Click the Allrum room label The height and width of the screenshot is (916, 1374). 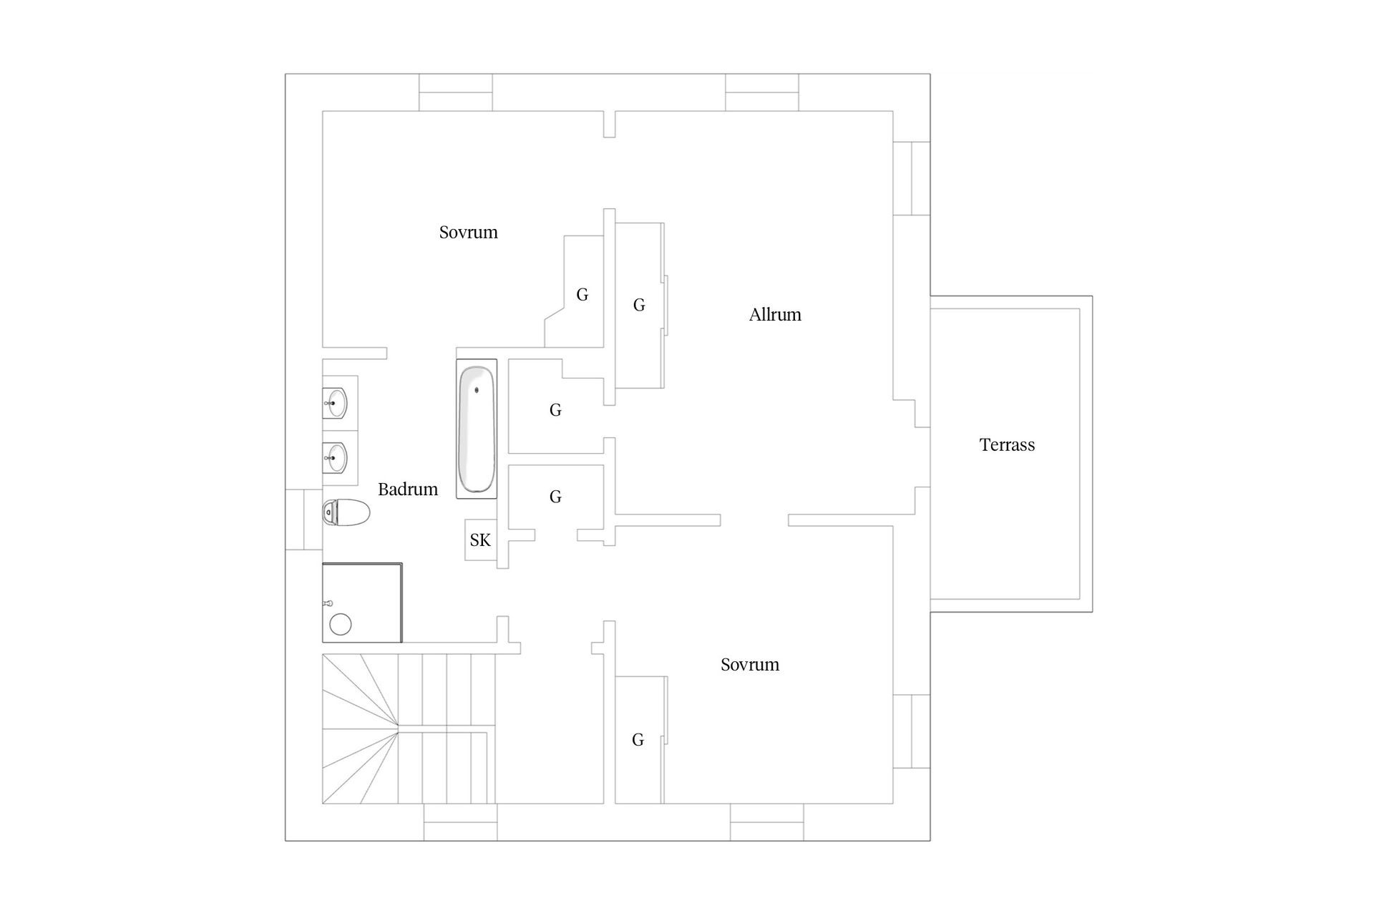coord(775,315)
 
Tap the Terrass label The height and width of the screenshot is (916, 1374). coord(1007,445)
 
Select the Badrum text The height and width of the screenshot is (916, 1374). coord(408,489)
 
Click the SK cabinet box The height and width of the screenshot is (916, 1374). coord(480,540)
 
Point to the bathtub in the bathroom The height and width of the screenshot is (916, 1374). coord(477,429)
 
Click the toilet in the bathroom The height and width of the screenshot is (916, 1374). coord(346,512)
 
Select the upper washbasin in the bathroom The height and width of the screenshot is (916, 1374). coord(335,402)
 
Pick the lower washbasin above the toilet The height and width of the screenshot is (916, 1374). coord(335,457)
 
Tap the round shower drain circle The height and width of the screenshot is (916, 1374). coord(341,624)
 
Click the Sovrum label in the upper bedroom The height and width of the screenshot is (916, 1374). coord(468,233)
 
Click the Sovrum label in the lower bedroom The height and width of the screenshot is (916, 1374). coord(749,665)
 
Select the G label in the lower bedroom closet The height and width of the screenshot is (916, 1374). coord(638,740)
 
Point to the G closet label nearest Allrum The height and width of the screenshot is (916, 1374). coord(639,306)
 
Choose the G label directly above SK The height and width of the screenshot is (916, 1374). coord(555,497)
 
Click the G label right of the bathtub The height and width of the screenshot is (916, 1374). coord(555,410)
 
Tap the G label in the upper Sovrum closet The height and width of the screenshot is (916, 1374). coord(582,295)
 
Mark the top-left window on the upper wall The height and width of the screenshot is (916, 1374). coord(455,92)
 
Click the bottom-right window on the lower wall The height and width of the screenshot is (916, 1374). coord(766,822)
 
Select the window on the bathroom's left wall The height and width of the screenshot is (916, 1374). coord(303,520)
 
